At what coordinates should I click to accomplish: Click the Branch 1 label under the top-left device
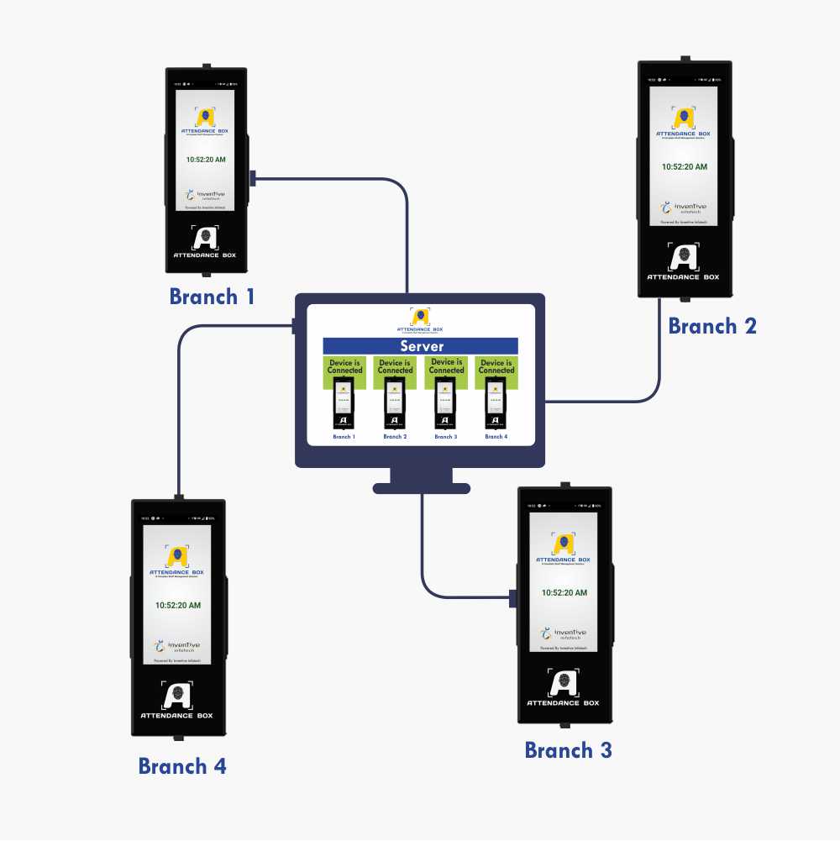click(x=212, y=297)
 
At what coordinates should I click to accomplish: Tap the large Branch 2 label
click(x=712, y=326)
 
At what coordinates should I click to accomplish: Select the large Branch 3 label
click(x=568, y=750)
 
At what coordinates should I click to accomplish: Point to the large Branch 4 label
click(x=182, y=766)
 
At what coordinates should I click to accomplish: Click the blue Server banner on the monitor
click(x=421, y=346)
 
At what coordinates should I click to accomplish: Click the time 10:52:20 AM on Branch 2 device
click(x=684, y=166)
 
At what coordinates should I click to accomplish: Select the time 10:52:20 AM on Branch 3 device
click(x=564, y=592)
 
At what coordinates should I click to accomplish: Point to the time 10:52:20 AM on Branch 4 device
click(x=177, y=605)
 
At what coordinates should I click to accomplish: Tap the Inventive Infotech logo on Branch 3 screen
click(x=564, y=633)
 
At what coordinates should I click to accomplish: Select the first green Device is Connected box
click(x=344, y=371)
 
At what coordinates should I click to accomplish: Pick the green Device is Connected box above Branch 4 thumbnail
click(x=496, y=371)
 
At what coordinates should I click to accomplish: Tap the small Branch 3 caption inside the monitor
click(x=445, y=437)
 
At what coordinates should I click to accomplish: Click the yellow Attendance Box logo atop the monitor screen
click(x=420, y=317)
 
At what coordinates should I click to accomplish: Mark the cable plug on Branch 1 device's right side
click(x=253, y=178)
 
